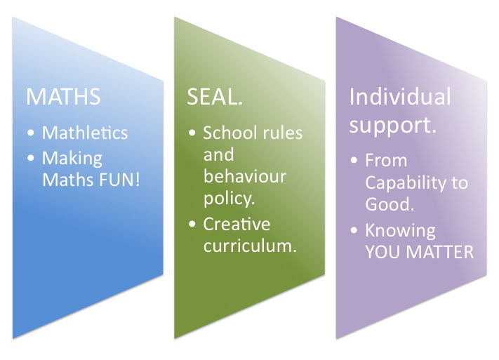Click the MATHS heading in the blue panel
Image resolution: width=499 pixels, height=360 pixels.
tap(63, 96)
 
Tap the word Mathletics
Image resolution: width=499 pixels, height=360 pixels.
tap(85, 133)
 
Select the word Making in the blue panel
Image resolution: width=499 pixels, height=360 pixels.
tap(72, 158)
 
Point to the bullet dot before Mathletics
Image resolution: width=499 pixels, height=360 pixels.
tap(31, 133)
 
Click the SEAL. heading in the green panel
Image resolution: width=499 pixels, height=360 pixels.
tap(215, 96)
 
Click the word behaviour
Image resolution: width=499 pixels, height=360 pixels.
tap(245, 176)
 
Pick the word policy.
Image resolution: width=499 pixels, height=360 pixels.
tap(229, 199)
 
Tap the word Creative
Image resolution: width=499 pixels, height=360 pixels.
tap(237, 224)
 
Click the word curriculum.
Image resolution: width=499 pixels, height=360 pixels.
tap(250, 246)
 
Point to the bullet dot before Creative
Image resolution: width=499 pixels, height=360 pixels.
tap(192, 224)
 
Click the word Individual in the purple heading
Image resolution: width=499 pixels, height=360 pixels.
tap(400, 96)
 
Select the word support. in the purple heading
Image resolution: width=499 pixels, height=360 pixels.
tap(393, 125)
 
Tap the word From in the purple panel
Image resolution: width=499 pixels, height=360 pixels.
tap(386, 160)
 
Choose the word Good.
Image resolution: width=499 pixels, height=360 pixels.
tap(390, 204)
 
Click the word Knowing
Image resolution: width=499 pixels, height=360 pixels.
tap(400, 231)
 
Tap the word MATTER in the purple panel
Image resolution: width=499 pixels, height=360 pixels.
tap(440, 252)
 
